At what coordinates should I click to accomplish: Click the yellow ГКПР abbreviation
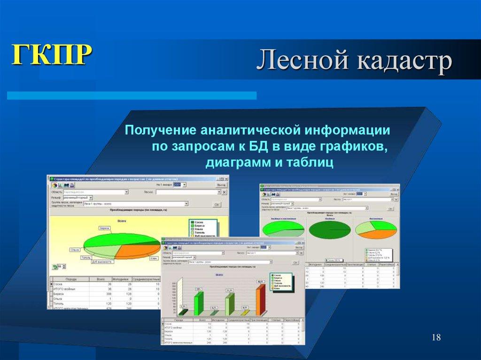click(51, 55)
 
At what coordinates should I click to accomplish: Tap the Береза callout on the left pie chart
click(104, 228)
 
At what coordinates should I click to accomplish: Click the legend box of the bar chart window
click(281, 281)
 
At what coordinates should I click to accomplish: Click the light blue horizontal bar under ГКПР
click(132, 95)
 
